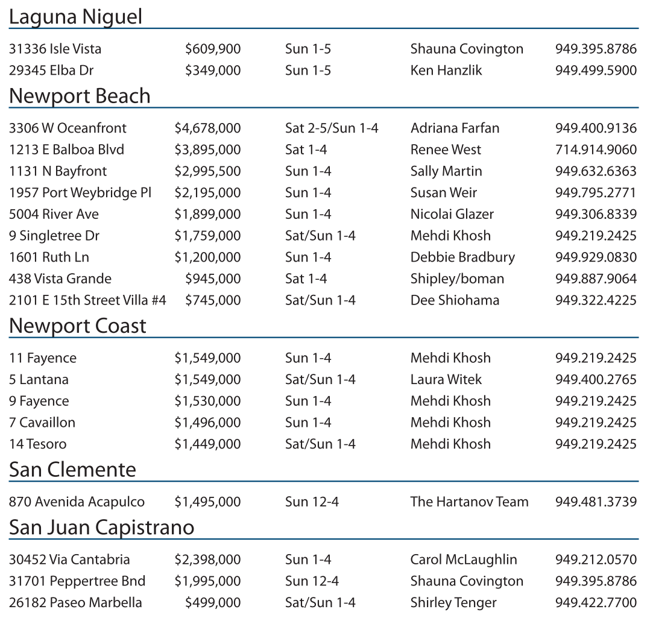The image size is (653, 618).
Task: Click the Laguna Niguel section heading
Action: [75, 17]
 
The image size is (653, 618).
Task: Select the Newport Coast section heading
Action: [78, 326]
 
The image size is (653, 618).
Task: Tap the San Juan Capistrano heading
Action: [101, 528]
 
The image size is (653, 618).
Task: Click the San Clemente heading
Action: [72, 470]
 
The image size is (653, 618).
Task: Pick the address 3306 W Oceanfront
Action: [68, 128]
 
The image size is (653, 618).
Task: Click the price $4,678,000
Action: [207, 128]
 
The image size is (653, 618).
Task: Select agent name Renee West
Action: [446, 150]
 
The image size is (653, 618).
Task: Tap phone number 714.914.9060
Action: [595, 150]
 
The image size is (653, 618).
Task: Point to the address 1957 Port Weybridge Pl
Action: [80, 193]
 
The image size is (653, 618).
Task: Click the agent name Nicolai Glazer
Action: [452, 214]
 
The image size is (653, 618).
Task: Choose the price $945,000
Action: [213, 279]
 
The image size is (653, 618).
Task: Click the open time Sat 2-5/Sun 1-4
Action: [332, 128]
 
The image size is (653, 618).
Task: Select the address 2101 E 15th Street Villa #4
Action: [87, 300]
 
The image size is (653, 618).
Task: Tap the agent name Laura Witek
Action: [446, 379]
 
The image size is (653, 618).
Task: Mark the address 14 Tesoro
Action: [37, 444]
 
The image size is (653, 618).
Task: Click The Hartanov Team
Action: [469, 502]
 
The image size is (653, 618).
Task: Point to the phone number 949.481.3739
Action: [595, 502]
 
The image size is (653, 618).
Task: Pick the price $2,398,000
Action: [207, 560]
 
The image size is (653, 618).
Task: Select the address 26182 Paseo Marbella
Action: [75, 602]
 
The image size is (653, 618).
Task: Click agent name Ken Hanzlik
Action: [446, 70]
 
